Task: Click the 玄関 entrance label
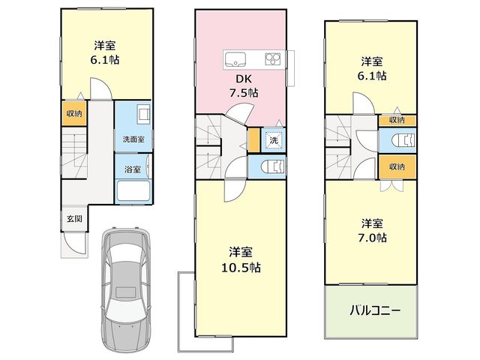[75, 219]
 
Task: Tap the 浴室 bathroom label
[133, 169]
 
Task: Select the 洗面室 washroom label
[133, 139]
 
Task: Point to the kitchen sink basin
[235, 59]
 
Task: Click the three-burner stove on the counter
[273, 58]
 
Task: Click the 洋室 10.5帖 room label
[241, 259]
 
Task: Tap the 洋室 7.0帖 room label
[372, 230]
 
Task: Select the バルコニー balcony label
[375, 311]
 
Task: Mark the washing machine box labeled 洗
[273, 140]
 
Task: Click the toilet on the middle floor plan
[273, 166]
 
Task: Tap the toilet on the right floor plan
[403, 140]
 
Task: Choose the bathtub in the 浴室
[133, 191]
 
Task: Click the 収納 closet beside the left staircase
[74, 113]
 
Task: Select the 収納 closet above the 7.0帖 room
[397, 166]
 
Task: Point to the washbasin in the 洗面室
[143, 114]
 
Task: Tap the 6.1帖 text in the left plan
[105, 60]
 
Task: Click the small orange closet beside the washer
[253, 140]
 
